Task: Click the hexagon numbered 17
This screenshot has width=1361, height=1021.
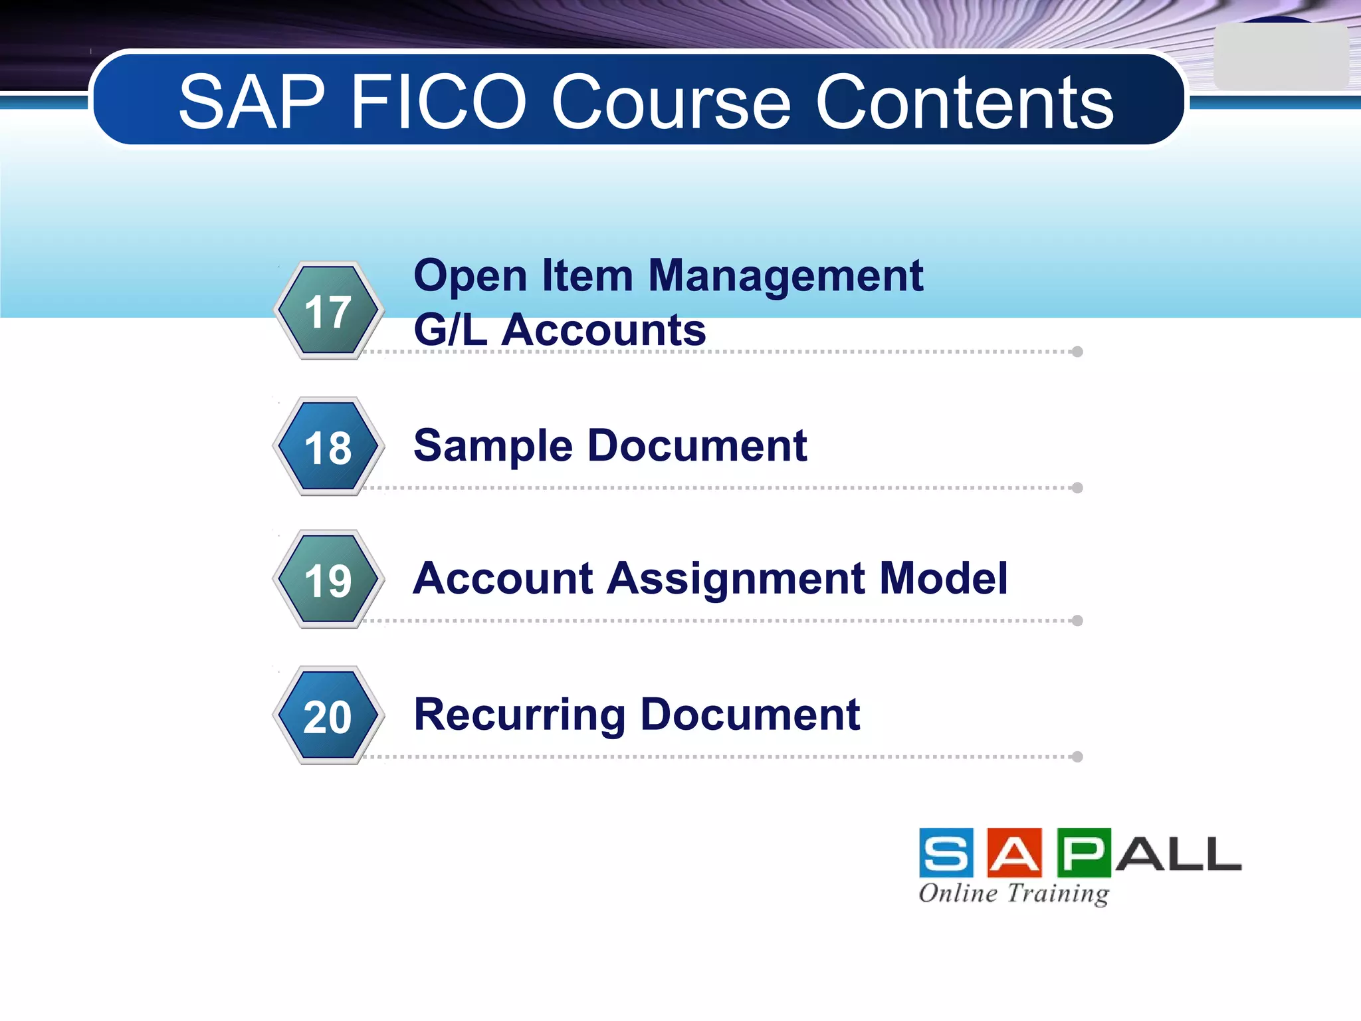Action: click(x=328, y=310)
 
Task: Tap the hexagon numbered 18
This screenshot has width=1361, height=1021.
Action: click(x=328, y=447)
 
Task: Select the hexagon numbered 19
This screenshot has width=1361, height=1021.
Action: click(x=328, y=580)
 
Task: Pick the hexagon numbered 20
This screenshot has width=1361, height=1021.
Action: click(x=328, y=716)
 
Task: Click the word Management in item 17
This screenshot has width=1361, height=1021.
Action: click(x=785, y=275)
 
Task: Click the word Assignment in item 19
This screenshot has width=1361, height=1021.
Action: click(x=736, y=578)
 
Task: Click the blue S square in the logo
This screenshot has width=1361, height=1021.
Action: click(x=946, y=853)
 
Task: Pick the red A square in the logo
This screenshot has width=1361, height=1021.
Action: click(x=1015, y=853)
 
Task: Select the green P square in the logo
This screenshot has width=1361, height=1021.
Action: click(x=1084, y=853)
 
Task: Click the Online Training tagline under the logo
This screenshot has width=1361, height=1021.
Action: click(x=1014, y=893)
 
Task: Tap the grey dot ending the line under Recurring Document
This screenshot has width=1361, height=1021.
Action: click(x=1078, y=756)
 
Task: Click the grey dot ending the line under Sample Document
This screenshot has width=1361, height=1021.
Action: click(x=1078, y=488)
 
